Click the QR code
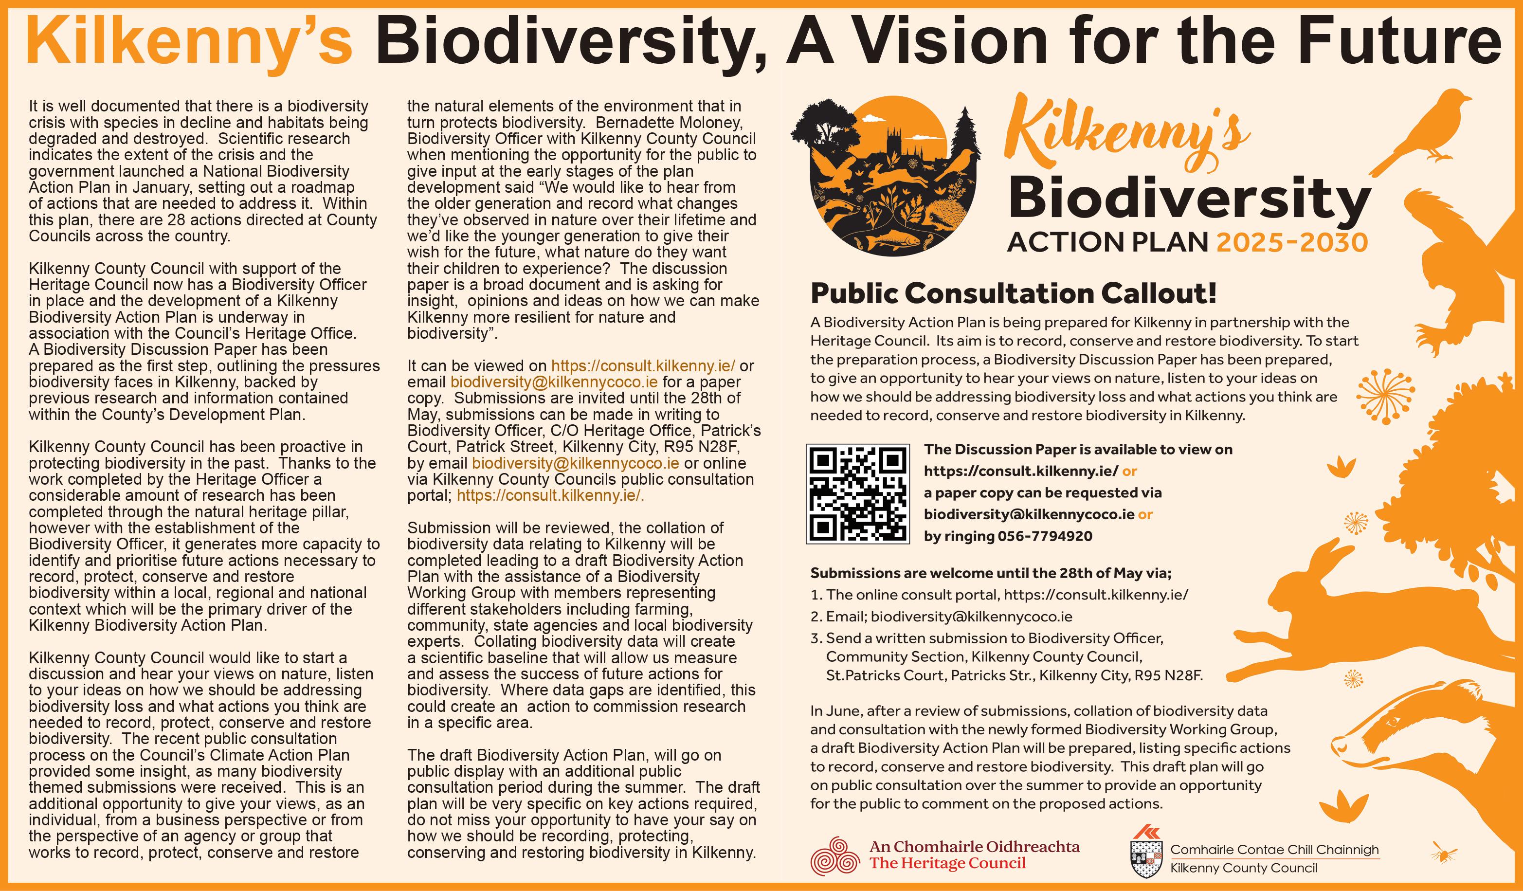(857, 493)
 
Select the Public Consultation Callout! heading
(1013, 294)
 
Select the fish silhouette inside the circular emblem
(894, 239)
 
